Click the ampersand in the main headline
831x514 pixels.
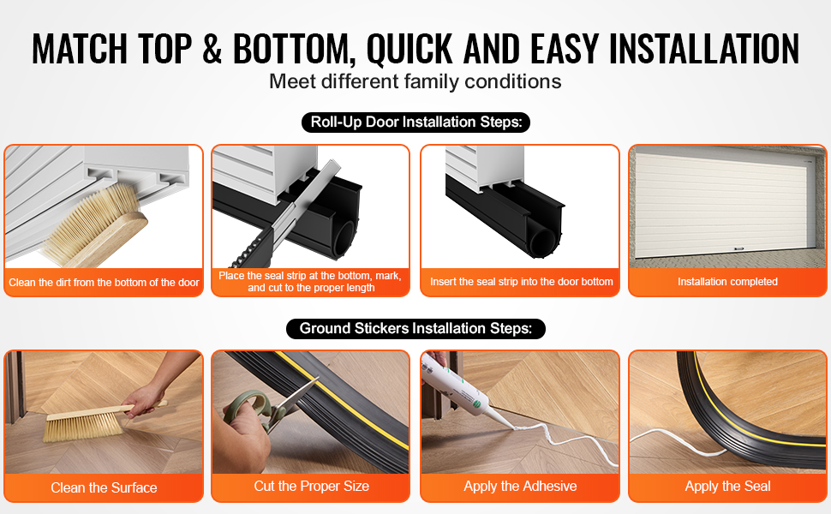[x=212, y=49]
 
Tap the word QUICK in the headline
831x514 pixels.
[x=410, y=50]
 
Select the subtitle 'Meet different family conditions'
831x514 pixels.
[x=415, y=81]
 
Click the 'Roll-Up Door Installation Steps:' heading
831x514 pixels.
[x=416, y=123]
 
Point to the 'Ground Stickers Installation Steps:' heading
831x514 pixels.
[x=415, y=329]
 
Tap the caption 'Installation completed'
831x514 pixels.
[x=727, y=282]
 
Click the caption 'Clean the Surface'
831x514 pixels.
[x=104, y=487]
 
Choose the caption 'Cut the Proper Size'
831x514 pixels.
[x=312, y=487]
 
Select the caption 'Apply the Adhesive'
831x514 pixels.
[x=520, y=487]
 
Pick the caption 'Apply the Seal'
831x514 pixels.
[x=727, y=487]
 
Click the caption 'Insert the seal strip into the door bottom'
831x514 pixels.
[x=522, y=282]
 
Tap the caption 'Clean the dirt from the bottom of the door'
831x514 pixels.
[x=104, y=283]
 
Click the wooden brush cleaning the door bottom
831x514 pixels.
[x=95, y=225]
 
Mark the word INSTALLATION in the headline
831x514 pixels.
[x=704, y=49]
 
